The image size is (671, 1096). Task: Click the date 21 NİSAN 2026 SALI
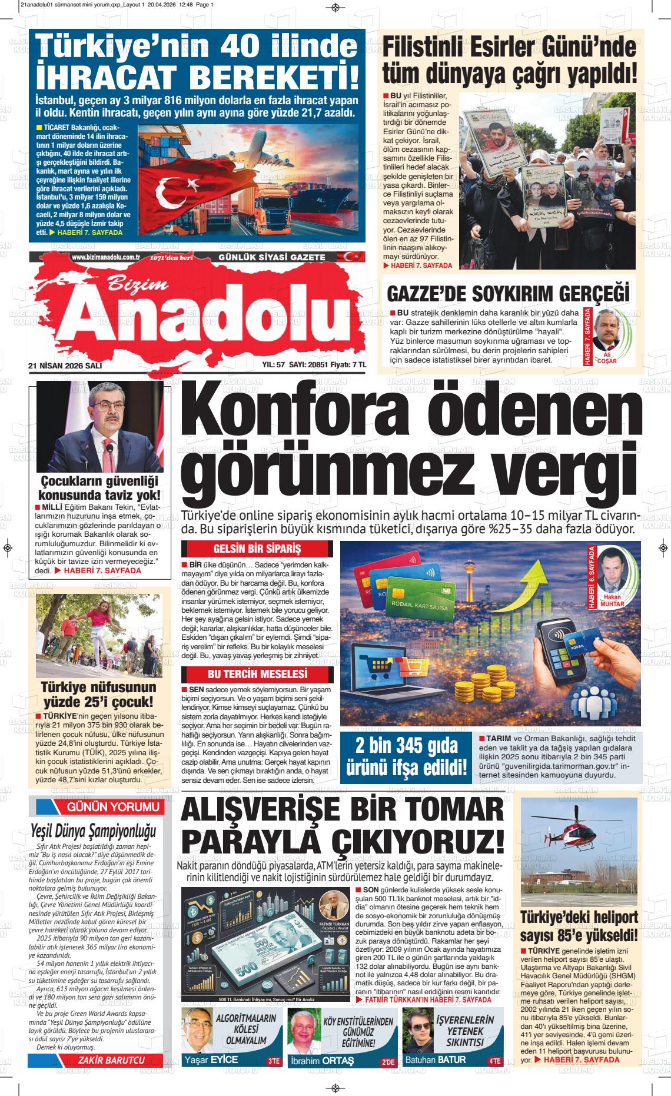pos(65,366)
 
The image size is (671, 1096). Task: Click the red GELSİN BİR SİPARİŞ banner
pos(257,549)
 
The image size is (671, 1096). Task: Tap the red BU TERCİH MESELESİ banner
pos(257,674)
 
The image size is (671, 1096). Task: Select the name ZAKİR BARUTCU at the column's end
pos(111,1060)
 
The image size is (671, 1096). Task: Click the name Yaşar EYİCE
pos(211,1060)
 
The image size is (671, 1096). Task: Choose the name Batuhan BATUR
pos(435,1060)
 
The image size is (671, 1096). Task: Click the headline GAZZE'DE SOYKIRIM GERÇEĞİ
pos(507,293)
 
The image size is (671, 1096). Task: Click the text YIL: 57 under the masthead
pos(273,366)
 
